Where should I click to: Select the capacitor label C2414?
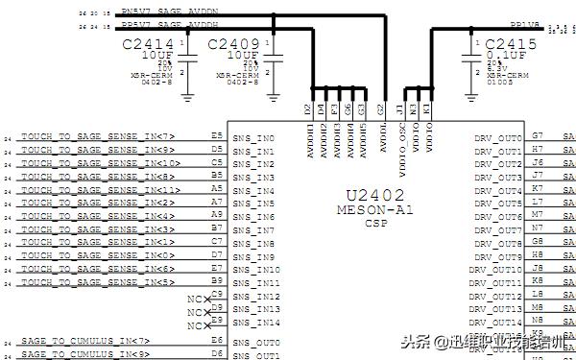[149, 44]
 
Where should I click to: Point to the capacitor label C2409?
[233, 44]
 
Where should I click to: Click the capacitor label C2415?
[512, 44]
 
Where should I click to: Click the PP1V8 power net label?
[525, 25]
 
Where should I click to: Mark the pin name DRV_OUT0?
[497, 138]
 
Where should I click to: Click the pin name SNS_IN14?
[256, 323]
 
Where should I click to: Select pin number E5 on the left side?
[216, 136]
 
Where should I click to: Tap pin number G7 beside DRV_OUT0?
[538, 136]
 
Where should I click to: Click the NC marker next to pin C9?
[195, 299]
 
